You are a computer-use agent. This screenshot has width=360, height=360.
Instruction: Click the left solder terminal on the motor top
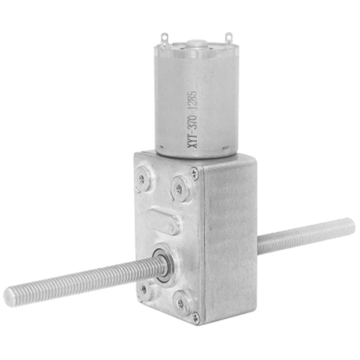(164, 38)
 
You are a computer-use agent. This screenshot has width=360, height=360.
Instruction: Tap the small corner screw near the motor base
(194, 172)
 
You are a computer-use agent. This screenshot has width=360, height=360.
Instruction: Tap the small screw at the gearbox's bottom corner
(195, 316)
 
